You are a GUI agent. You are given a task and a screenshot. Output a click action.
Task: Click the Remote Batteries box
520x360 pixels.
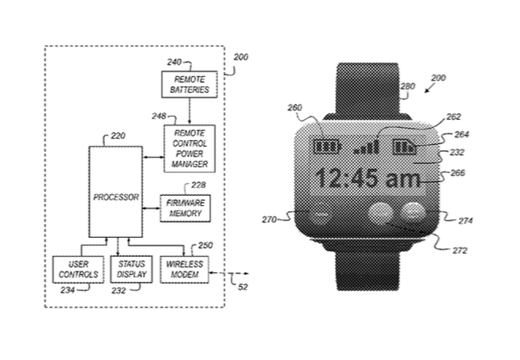[x=189, y=84]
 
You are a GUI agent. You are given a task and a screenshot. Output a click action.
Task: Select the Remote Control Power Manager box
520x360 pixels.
[x=189, y=148]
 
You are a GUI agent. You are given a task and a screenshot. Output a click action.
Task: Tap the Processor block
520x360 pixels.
[x=116, y=192]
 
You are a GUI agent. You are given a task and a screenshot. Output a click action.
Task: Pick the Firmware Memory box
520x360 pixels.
[x=185, y=208]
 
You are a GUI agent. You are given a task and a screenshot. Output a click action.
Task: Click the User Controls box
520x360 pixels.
[x=78, y=269]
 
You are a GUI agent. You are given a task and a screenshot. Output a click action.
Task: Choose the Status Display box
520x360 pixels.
[x=131, y=269]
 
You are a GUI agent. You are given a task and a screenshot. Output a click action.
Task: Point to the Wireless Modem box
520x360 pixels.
[x=185, y=269]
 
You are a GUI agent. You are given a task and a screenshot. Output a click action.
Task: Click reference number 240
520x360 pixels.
[x=174, y=62]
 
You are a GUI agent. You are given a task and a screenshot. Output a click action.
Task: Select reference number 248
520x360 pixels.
[x=159, y=116]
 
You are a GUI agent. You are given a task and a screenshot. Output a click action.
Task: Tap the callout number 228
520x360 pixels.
[x=198, y=185]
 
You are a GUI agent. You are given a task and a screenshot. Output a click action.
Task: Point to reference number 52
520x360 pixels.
[x=243, y=287]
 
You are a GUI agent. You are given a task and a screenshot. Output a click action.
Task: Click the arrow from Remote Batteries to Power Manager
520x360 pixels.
[x=189, y=112]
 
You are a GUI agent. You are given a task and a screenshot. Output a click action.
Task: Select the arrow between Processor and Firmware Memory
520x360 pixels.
[x=151, y=208]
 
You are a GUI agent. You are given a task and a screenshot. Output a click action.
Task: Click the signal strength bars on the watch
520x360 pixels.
[x=367, y=147]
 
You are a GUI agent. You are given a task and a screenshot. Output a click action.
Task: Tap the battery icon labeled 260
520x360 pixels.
[x=326, y=146]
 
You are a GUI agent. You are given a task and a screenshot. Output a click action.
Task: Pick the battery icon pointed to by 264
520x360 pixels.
[x=404, y=147]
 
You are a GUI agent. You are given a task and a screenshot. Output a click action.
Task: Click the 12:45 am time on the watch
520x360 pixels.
[x=368, y=178]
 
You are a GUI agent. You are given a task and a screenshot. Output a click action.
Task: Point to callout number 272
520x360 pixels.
[x=459, y=250]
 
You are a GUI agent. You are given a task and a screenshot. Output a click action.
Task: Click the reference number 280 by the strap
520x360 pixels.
[x=408, y=86]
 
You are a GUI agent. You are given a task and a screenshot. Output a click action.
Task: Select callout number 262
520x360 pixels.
[x=454, y=116]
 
